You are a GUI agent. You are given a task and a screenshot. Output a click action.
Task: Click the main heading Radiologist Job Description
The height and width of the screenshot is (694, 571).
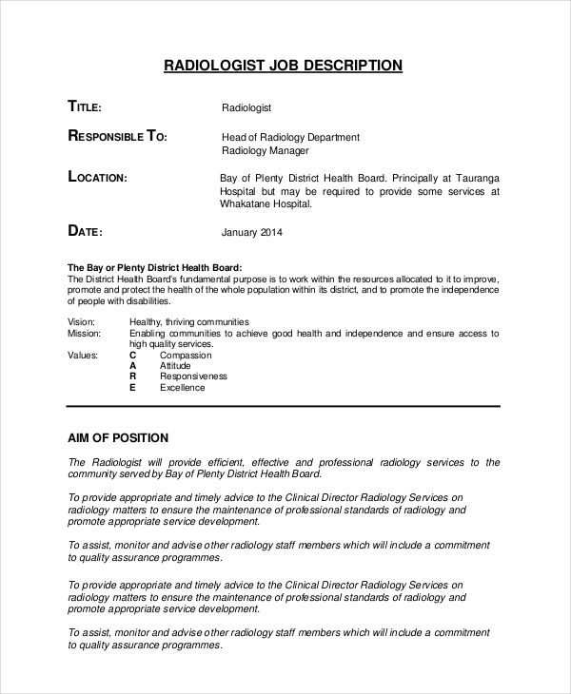284,66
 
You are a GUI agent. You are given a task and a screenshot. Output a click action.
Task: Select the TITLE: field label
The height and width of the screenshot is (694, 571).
92,106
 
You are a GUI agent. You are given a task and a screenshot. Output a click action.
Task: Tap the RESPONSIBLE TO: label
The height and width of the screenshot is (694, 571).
117,137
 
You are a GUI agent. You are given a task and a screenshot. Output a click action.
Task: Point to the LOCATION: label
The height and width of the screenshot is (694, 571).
97,177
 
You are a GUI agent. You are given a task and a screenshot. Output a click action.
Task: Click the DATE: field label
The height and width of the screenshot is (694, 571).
85,231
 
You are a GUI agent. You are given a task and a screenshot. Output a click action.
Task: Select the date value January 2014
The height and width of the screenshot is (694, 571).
251,232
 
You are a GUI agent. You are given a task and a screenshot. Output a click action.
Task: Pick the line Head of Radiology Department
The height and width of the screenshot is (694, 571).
290,137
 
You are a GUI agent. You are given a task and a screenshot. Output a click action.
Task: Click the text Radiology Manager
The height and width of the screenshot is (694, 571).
266,150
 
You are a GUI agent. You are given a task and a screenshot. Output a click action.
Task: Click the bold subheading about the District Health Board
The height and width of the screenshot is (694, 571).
154,267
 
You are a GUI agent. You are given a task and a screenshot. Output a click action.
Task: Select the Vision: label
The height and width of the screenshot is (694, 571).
82,321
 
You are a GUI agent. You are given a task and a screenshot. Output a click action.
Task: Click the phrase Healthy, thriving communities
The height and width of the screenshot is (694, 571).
189,321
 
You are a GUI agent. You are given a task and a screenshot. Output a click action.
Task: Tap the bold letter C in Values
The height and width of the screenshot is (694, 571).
132,355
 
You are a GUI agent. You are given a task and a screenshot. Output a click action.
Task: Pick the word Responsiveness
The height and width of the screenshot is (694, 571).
194,376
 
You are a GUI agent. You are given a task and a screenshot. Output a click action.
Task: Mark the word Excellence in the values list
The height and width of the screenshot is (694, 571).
182,388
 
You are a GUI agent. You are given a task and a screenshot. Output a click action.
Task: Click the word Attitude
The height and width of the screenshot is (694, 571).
175,366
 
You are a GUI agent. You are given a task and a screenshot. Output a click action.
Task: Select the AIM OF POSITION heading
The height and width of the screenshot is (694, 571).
118,438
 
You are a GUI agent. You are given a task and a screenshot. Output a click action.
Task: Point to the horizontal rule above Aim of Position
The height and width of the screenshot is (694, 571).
284,408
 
